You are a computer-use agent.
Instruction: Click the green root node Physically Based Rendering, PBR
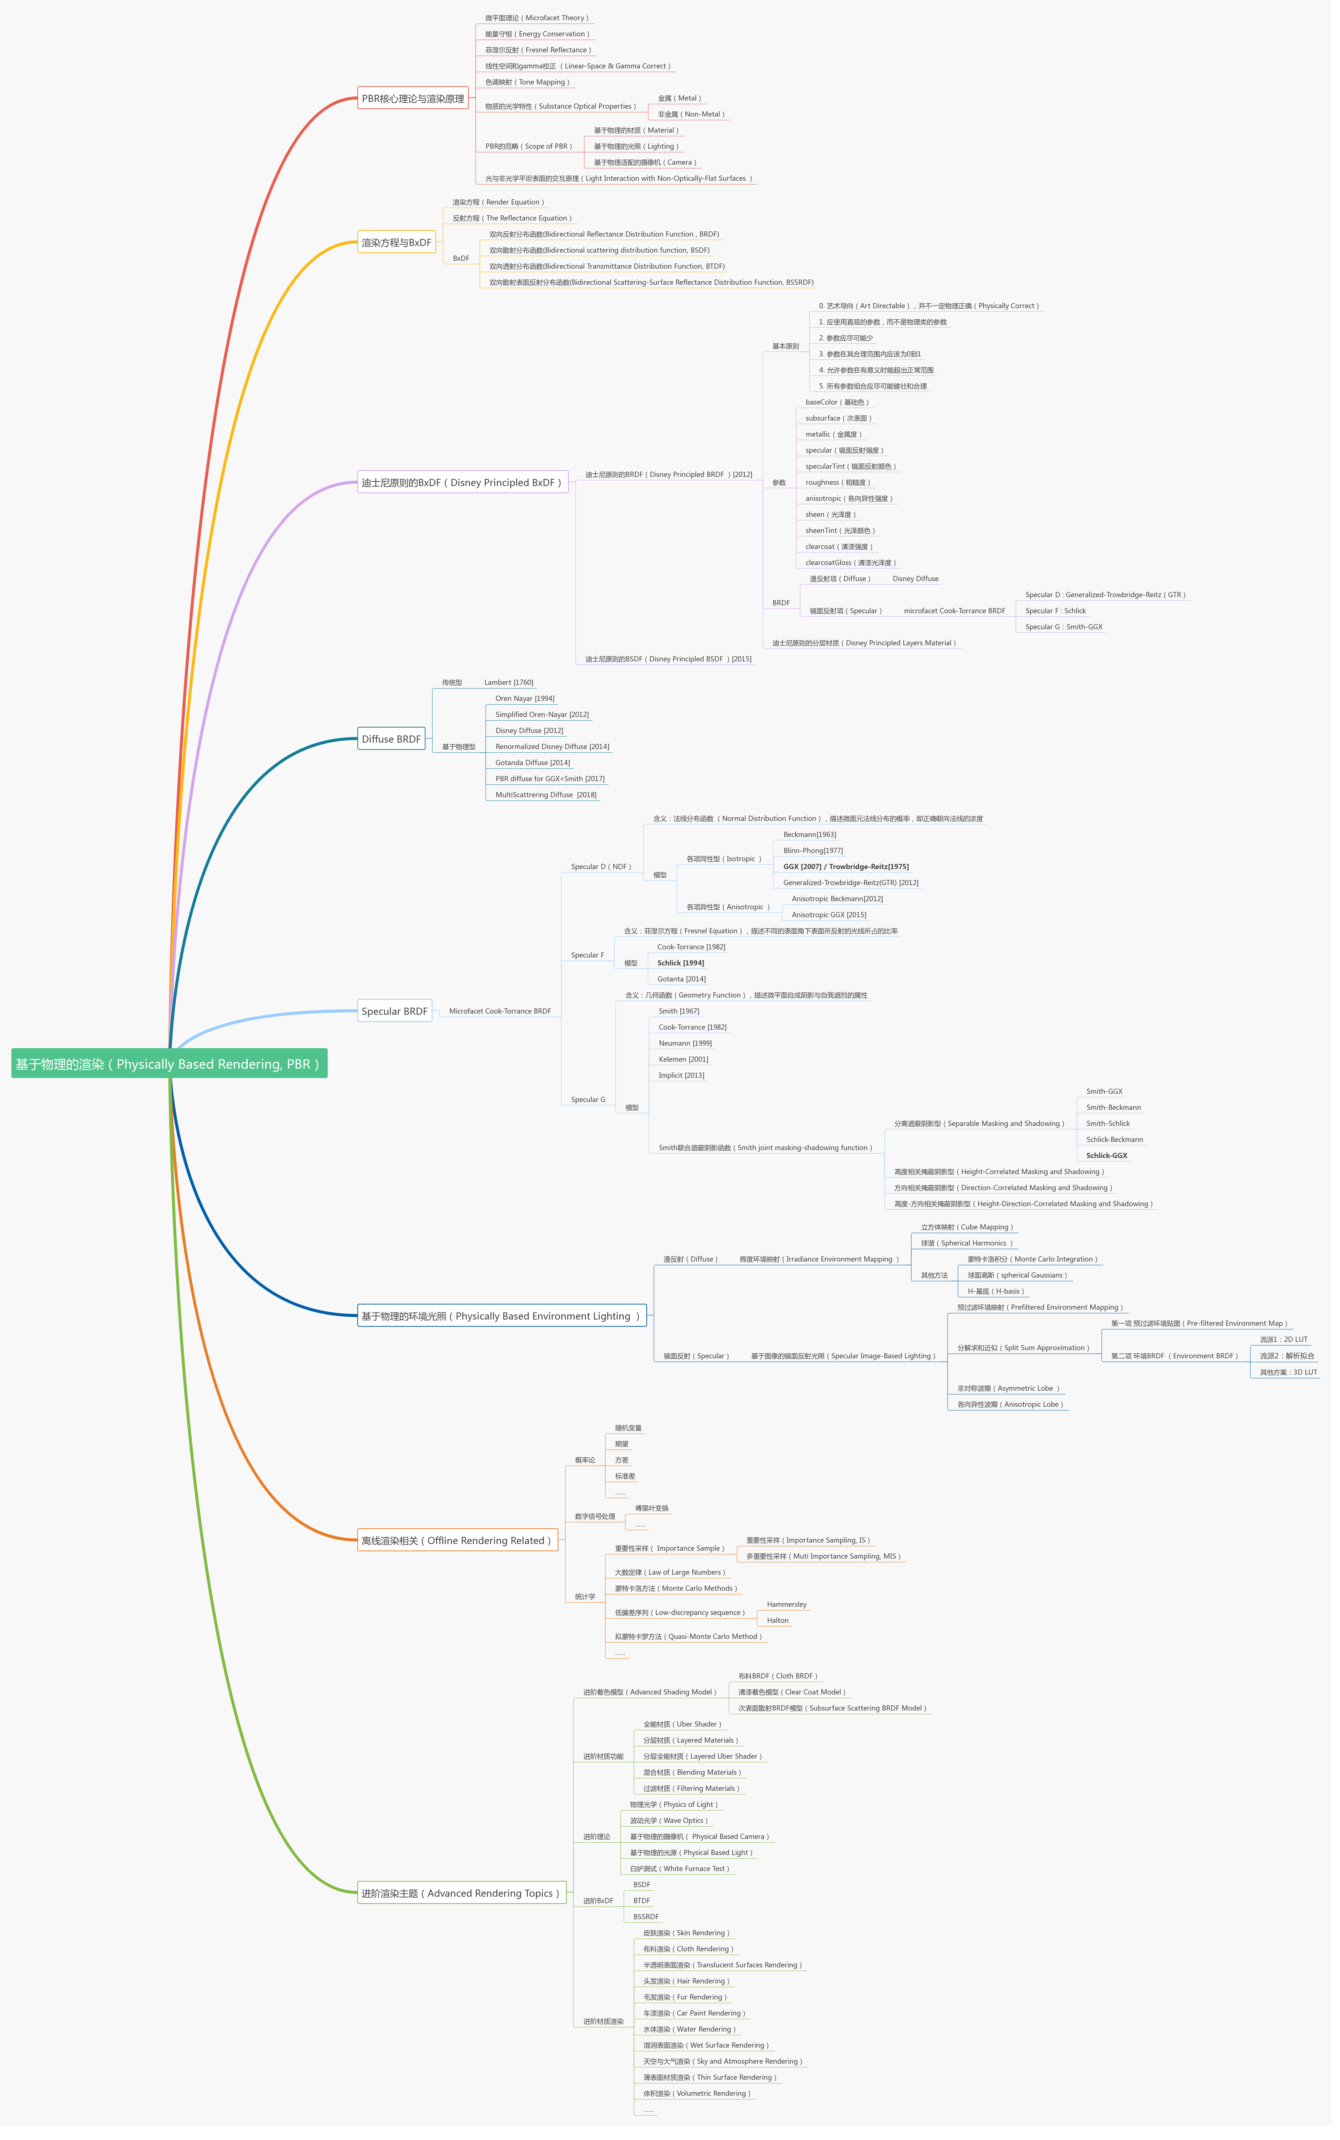168,1063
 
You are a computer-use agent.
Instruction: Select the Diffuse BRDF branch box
391,739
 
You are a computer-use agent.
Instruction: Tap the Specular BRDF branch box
394,1011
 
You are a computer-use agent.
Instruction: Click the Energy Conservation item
536,34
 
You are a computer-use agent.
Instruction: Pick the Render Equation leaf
498,202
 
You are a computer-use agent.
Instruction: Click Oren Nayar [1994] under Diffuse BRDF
525,698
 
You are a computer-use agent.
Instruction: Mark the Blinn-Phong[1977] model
813,851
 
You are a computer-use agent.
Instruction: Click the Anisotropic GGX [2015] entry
829,915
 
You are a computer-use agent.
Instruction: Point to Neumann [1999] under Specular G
685,1043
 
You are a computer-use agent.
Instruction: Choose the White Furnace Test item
679,1869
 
